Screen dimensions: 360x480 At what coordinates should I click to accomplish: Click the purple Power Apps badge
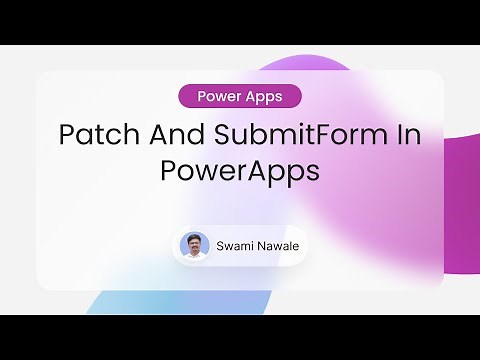pyautogui.click(x=240, y=97)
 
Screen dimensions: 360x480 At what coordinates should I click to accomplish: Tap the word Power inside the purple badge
pyautogui.click(x=220, y=97)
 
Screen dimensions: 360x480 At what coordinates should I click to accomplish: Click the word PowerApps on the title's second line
pyautogui.click(x=240, y=170)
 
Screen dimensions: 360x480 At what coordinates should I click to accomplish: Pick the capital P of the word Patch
pyautogui.click(x=67, y=136)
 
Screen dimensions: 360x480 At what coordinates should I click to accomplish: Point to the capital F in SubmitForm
pyautogui.click(x=311, y=136)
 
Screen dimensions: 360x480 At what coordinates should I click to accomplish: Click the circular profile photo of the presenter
pyautogui.click(x=194, y=246)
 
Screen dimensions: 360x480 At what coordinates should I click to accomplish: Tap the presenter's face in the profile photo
pyautogui.click(x=194, y=243)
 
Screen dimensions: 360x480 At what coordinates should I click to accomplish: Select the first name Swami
pyautogui.click(x=236, y=246)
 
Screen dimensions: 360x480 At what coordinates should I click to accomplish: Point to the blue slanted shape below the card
pyautogui.click(x=130, y=302)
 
